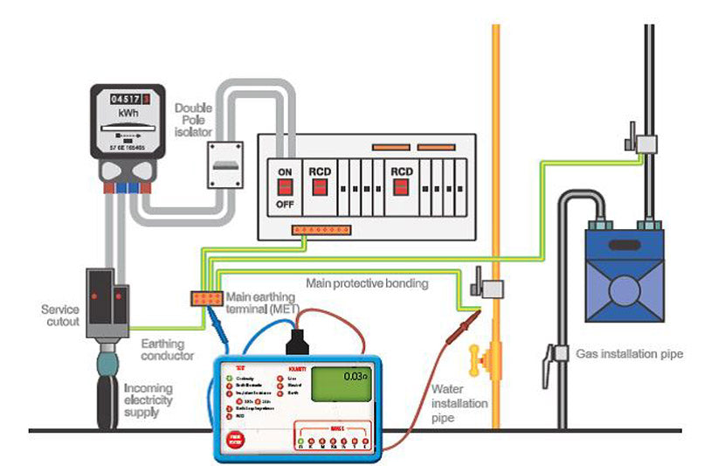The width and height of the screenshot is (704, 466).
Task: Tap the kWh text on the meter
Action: point(128,115)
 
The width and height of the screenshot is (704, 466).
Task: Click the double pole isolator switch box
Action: point(223,163)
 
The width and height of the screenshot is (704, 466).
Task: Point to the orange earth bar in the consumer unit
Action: point(321,232)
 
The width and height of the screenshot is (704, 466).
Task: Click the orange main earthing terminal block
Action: point(206,298)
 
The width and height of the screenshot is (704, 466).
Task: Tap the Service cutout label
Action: point(59,315)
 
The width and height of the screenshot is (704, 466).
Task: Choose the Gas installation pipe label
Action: point(629,354)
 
